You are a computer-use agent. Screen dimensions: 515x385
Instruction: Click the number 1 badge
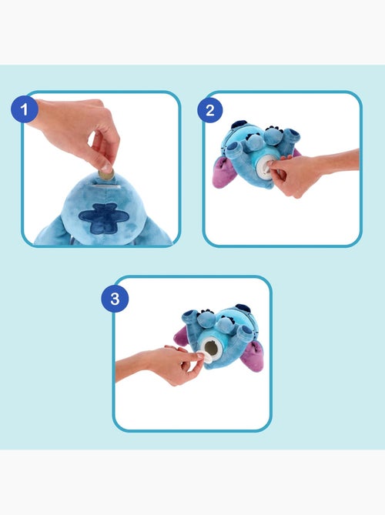click(24, 110)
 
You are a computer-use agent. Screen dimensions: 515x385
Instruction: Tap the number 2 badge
click(209, 110)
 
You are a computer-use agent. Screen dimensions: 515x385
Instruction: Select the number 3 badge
click(115, 299)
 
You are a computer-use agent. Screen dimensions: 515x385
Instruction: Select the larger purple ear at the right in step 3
click(253, 355)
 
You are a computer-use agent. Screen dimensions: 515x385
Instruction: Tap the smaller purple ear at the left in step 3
click(182, 336)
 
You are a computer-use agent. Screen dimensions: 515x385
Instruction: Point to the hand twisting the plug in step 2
click(296, 173)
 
